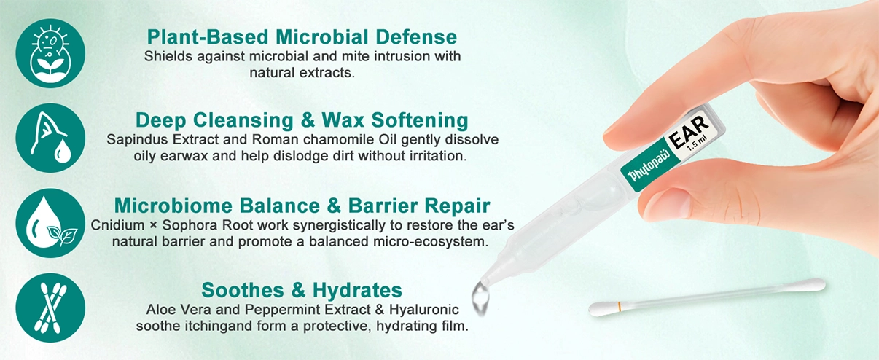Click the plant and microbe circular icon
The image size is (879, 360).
(50, 53)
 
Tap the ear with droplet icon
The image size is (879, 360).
(50, 138)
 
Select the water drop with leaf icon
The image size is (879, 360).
(50, 223)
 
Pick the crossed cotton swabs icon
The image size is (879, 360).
(50, 308)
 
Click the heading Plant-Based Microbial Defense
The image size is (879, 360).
(302, 36)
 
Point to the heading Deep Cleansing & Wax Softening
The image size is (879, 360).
(302, 120)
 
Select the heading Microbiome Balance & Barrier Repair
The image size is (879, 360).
(302, 205)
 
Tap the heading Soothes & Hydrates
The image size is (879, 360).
(302, 289)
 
